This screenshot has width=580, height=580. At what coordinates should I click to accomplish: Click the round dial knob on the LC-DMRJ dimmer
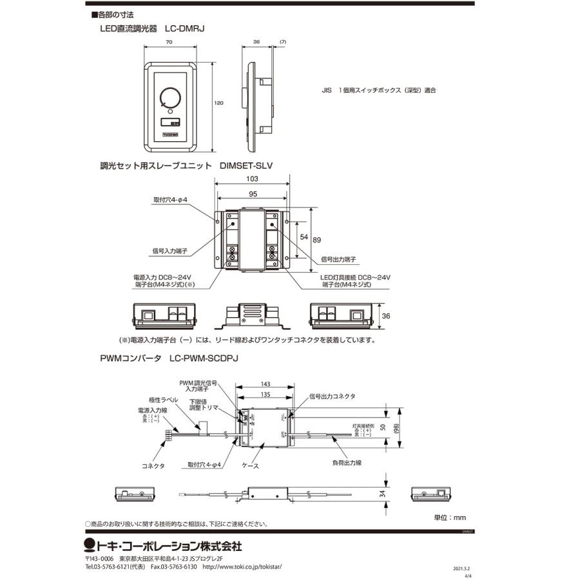(x=171, y=97)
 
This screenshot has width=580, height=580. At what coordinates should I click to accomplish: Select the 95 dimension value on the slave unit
(x=252, y=193)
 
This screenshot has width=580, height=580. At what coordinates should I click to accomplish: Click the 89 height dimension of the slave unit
(x=317, y=240)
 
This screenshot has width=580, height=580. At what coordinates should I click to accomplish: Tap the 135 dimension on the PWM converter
(x=264, y=394)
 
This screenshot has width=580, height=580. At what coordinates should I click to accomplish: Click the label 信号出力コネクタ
(x=333, y=396)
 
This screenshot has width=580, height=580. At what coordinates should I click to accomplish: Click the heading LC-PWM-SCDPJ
(x=204, y=362)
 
